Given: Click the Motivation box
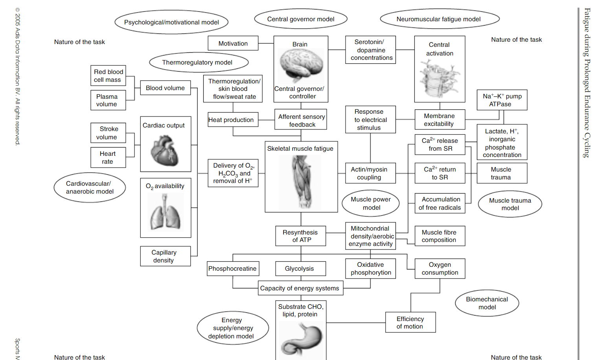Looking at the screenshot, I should (x=233, y=43).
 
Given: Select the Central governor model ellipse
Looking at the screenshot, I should (x=301, y=19).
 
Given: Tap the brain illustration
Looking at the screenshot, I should (x=301, y=65).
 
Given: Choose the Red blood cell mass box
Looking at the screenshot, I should (x=108, y=76).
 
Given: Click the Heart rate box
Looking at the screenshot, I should (x=108, y=157).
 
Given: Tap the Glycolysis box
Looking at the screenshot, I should (x=300, y=269).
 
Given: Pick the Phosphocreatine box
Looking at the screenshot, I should (x=233, y=269).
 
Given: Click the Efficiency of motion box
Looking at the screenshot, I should (x=410, y=322).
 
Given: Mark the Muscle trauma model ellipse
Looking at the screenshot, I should (x=510, y=204).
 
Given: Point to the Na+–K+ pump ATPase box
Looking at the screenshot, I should (x=502, y=100).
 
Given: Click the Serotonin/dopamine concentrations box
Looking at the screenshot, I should (x=370, y=50).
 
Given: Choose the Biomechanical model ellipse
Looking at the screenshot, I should (x=487, y=303).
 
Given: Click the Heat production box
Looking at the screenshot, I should (x=233, y=120).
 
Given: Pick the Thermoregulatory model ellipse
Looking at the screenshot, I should (x=199, y=62).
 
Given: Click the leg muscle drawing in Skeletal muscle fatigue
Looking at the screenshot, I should (x=301, y=181).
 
